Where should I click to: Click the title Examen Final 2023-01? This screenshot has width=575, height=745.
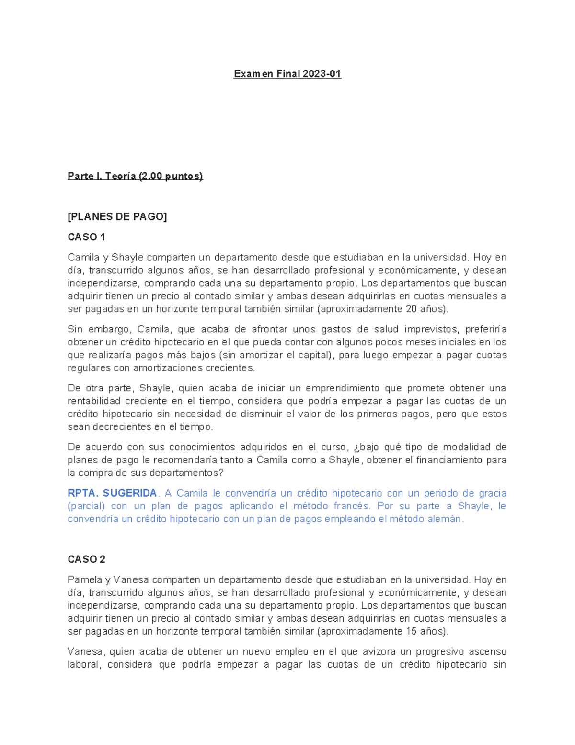click(287, 74)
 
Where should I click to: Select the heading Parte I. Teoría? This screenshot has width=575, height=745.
click(135, 176)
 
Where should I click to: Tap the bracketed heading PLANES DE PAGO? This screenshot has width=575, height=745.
click(117, 217)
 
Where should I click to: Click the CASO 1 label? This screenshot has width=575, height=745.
click(86, 237)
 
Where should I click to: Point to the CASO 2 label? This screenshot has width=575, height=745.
click(86, 559)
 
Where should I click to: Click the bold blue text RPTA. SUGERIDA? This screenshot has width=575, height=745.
click(112, 493)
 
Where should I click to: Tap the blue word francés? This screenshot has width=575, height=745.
click(352, 506)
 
